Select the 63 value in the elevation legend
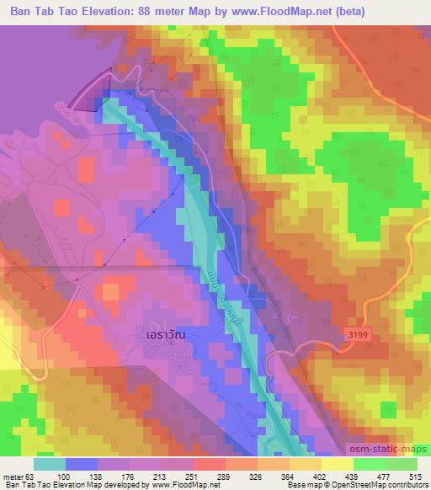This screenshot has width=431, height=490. coord(24,477)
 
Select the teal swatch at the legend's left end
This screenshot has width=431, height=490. coord(51,464)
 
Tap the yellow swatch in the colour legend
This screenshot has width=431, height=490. coord(338,464)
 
